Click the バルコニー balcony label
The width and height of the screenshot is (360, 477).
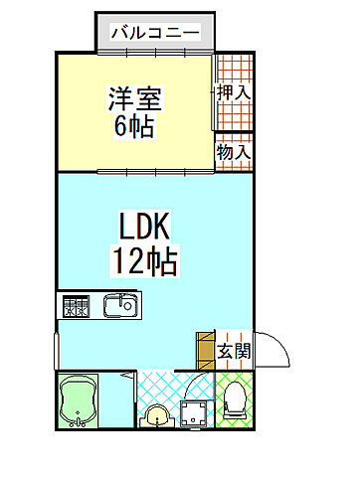point(154,32)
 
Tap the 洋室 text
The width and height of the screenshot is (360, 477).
point(134,99)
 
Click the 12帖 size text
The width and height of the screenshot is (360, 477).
point(144,261)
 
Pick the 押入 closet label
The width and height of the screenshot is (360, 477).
point(235,91)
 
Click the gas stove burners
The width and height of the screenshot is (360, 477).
point(77,306)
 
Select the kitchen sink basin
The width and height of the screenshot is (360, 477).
point(121,306)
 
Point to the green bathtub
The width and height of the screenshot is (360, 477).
point(79,400)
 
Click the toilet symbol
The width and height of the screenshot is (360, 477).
point(235,402)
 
